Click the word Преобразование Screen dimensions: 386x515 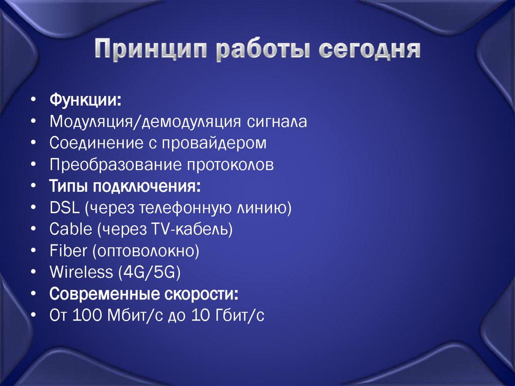click(x=115, y=165)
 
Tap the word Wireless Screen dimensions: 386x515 click(x=81, y=273)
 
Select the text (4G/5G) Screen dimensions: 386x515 click(x=149, y=273)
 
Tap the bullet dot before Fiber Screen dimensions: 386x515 click(x=33, y=251)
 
